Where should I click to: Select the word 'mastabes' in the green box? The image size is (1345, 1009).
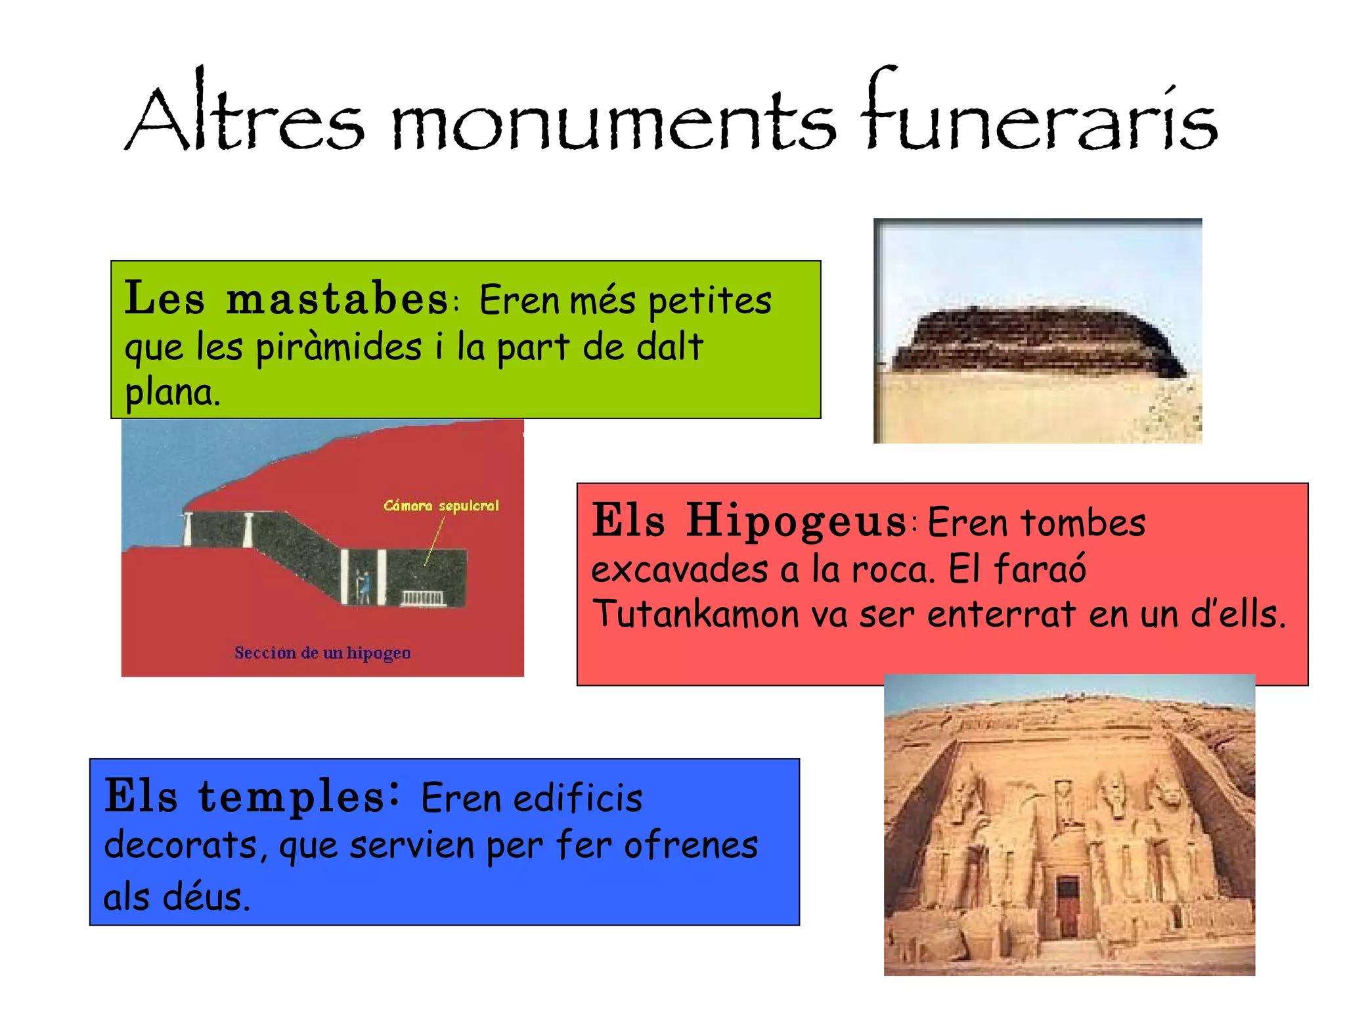[337, 299]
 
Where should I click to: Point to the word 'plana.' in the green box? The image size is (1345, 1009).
[172, 393]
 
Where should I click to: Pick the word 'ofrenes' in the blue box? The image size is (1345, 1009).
[691, 845]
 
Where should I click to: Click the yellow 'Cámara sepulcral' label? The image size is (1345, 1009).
[441, 506]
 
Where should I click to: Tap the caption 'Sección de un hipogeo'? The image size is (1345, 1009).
[322, 653]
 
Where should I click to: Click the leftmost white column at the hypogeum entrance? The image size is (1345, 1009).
[188, 529]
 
